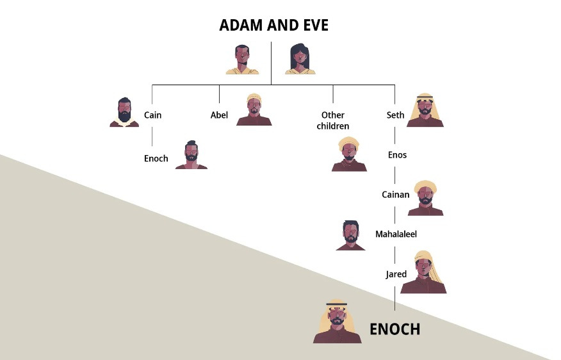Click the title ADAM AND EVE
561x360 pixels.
point(273,25)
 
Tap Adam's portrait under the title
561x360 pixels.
point(242,60)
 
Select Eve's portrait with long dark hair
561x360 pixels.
point(300,60)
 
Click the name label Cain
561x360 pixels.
point(152,115)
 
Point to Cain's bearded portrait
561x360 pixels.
point(124,113)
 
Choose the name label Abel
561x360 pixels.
point(219,115)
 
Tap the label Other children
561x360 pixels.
point(332,120)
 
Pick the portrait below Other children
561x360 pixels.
point(349,154)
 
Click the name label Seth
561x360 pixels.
point(395,115)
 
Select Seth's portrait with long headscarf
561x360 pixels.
point(426,110)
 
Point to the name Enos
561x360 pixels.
point(397,155)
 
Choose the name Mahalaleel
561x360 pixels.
point(396,234)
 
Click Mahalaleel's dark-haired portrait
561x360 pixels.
point(350,235)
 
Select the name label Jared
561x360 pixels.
point(396,274)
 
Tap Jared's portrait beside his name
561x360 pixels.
point(427,274)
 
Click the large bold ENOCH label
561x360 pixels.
point(394,329)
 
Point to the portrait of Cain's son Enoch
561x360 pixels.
point(191,155)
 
